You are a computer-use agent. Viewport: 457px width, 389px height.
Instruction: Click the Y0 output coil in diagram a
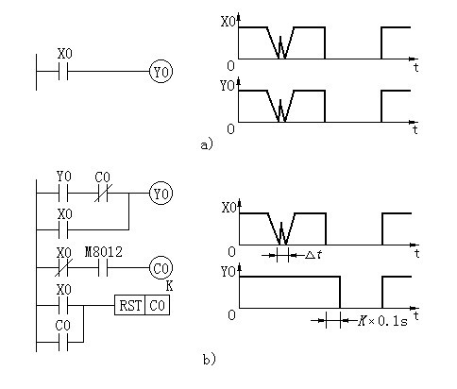pos(161,72)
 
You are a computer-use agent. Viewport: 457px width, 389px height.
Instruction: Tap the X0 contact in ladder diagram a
pos(63,72)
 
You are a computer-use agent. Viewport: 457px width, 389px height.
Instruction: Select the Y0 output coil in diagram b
pos(161,194)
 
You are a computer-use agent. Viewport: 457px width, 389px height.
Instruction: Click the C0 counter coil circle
pos(161,268)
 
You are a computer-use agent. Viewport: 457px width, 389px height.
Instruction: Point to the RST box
pos(129,305)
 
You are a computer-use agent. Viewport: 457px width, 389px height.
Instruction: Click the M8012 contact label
pos(104,252)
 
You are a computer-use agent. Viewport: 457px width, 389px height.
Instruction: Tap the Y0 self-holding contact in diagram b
pos(63,194)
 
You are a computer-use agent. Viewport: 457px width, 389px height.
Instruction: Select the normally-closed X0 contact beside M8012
pos(64,268)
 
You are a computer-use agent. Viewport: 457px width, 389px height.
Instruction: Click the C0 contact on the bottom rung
pos(63,342)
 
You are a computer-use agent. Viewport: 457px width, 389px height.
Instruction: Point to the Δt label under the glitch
pos(313,255)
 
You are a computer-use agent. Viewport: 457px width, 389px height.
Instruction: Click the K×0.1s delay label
pos(382,321)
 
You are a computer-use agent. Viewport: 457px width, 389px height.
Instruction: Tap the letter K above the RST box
pos(169,286)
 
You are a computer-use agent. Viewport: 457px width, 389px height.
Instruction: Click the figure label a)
pos(207,144)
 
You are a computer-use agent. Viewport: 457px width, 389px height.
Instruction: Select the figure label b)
pos(210,360)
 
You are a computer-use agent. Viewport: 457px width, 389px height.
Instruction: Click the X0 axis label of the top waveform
pos(228,22)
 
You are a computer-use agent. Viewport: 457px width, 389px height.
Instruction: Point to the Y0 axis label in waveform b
pos(228,272)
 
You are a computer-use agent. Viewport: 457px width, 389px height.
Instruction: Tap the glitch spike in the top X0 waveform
pos(280,47)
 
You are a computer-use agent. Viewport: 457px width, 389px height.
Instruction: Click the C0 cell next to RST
pos(158,305)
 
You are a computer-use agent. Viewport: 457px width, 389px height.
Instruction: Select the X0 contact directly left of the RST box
pos(63,305)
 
